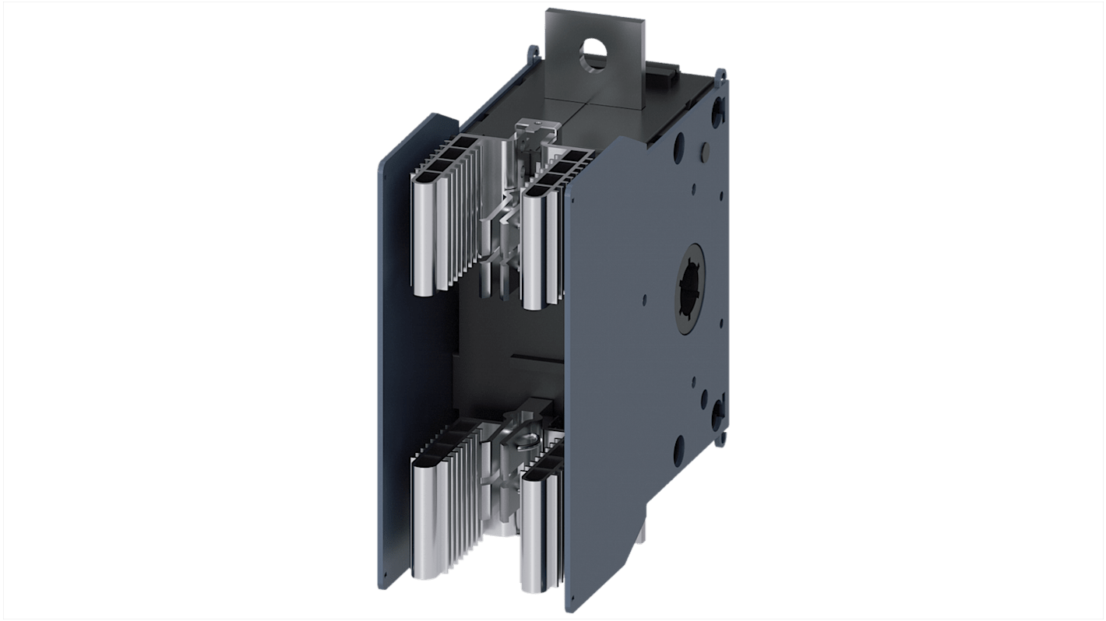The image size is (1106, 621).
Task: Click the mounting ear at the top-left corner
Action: click(x=532, y=53)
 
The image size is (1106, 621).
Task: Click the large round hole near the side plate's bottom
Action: click(x=678, y=446)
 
